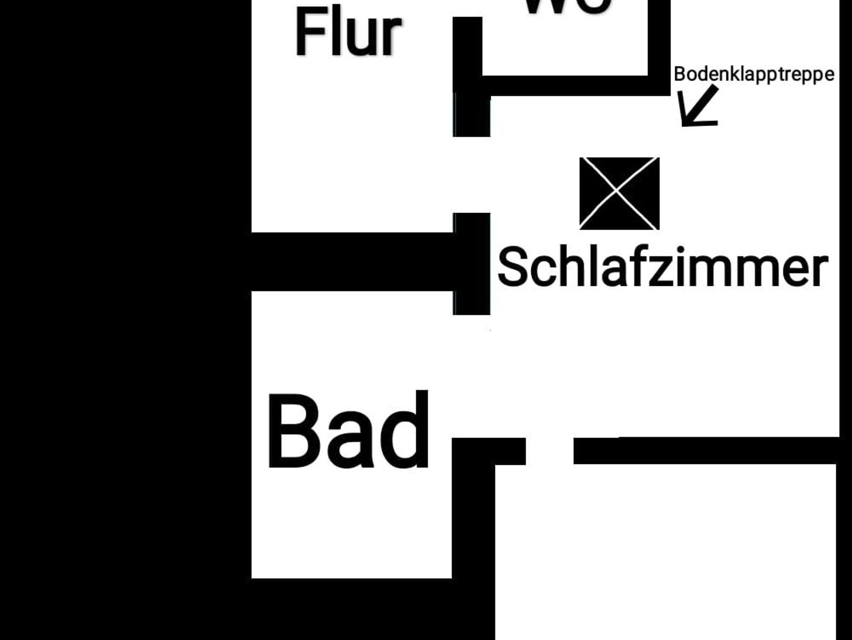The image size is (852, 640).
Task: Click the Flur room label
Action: tap(348, 33)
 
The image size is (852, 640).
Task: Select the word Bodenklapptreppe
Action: tap(754, 74)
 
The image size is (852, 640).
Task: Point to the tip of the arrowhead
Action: tap(683, 124)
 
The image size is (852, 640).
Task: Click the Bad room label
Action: tap(348, 431)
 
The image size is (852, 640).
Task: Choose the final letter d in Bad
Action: tap(405, 431)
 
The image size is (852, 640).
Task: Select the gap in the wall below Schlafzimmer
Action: tap(550, 451)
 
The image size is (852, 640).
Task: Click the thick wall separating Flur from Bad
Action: tap(352, 262)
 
